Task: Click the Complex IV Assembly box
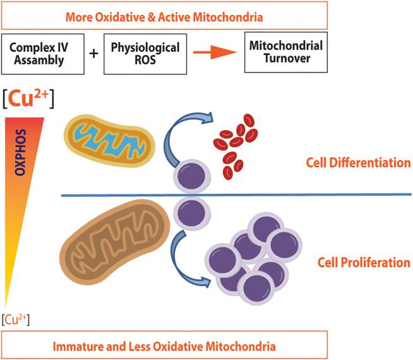[x=43, y=54]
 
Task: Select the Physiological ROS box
[x=145, y=54]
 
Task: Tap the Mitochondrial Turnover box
[x=286, y=52]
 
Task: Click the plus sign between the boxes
[x=93, y=54]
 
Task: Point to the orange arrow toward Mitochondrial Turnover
[x=215, y=52]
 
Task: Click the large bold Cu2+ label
[x=28, y=99]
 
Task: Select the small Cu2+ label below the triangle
[x=16, y=320]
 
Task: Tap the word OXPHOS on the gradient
[x=20, y=152]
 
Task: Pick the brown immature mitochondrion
[x=114, y=242]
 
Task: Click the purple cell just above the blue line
[x=192, y=176]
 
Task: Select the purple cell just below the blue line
[x=192, y=213]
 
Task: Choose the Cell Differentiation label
[x=358, y=163]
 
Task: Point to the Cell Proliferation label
[x=364, y=263]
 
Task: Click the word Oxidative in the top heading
[x=120, y=17]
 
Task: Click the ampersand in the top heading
[x=152, y=17]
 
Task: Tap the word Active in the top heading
[x=174, y=17]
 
